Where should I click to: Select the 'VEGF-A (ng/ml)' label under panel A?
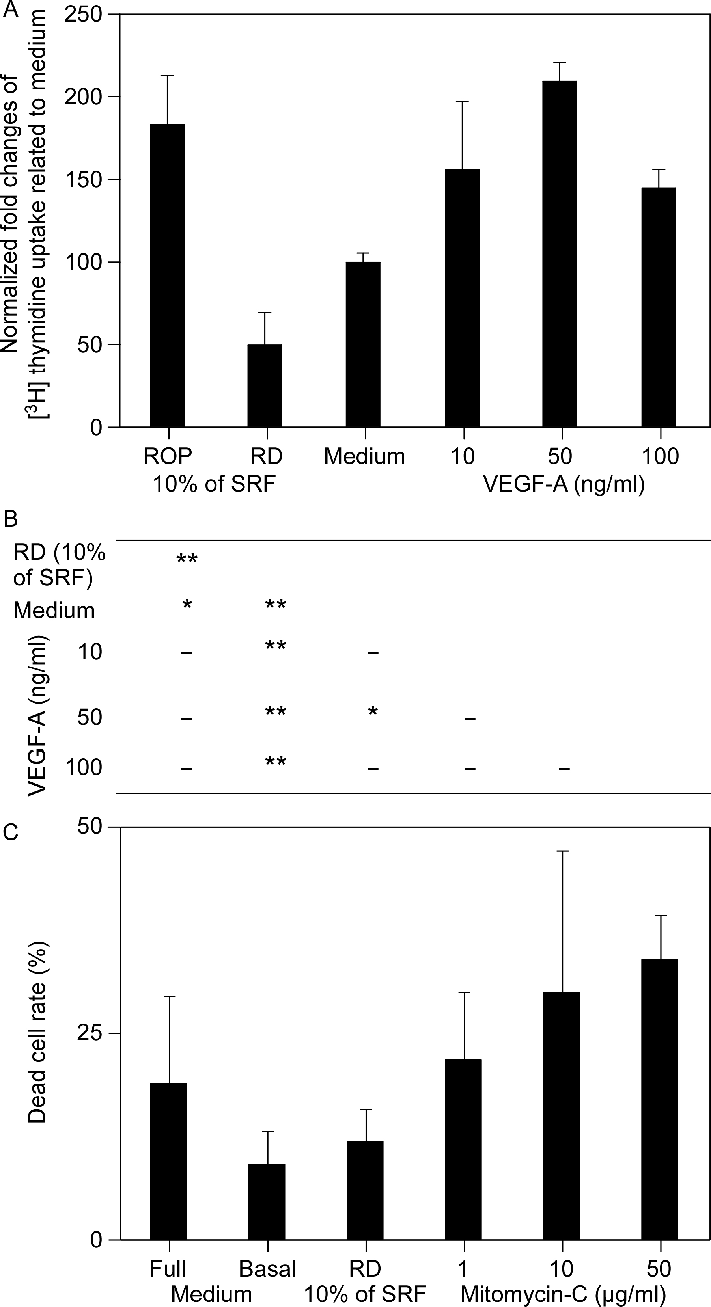click(x=564, y=484)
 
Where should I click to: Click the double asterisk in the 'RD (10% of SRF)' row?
click(x=187, y=560)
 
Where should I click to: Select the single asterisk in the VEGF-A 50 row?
click(x=373, y=712)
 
